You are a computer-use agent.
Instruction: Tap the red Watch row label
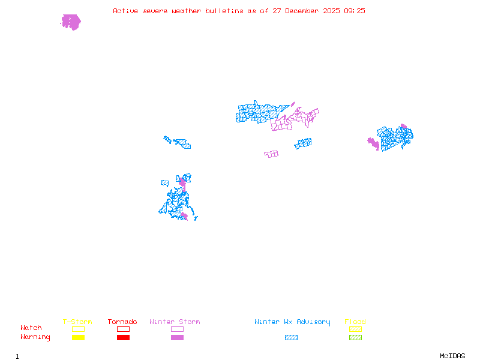point(31,328)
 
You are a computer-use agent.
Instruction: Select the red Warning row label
point(35,337)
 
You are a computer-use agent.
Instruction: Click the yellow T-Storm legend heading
point(77,322)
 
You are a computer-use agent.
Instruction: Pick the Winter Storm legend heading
point(175,322)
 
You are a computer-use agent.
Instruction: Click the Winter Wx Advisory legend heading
point(292,322)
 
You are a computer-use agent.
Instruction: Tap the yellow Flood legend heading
point(355,322)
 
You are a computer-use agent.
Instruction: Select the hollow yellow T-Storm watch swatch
point(78,329)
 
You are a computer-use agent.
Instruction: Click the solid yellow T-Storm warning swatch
point(78,338)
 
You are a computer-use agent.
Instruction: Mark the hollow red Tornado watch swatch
point(123,329)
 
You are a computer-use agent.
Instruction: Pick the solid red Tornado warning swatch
point(123,338)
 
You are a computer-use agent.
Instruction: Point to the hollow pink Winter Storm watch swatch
point(177,329)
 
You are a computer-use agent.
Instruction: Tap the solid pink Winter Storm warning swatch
point(177,338)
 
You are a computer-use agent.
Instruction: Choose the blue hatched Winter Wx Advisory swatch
point(291,338)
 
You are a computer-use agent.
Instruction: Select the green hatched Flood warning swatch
point(355,338)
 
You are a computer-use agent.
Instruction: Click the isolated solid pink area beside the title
point(71,22)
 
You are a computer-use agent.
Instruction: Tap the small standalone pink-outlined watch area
point(271,154)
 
